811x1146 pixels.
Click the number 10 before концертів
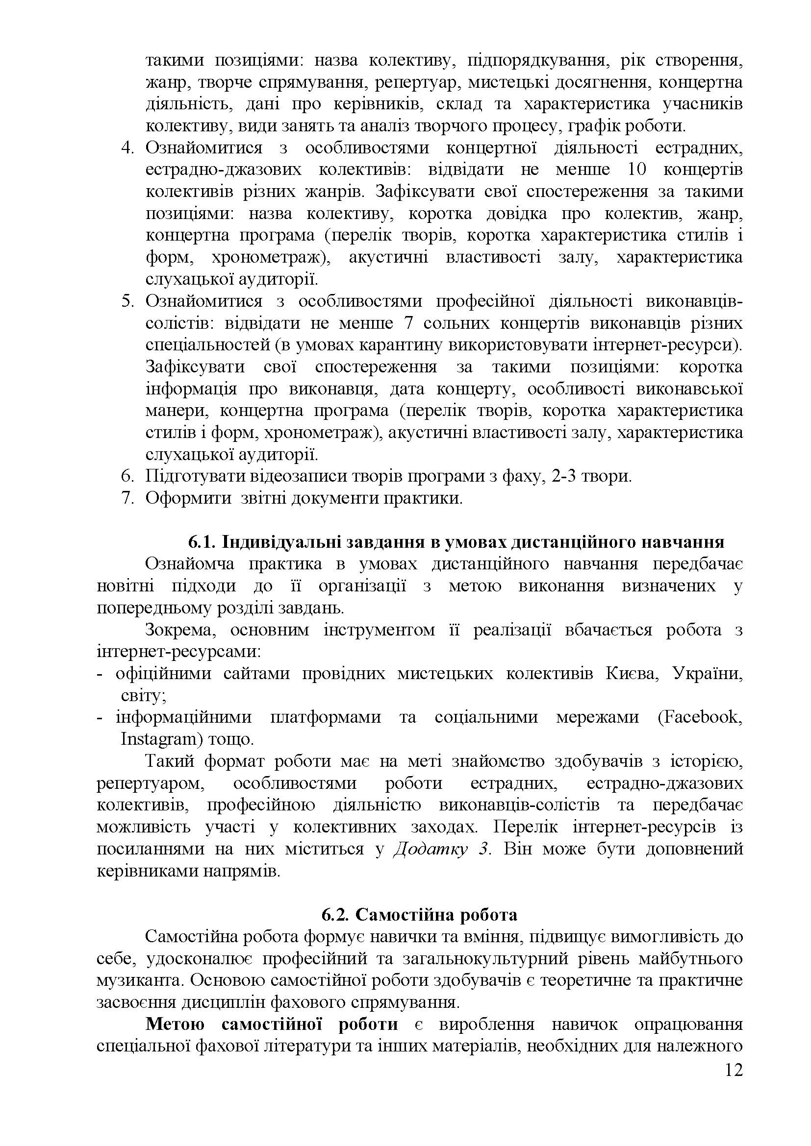point(635,170)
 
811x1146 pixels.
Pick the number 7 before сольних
point(405,323)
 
